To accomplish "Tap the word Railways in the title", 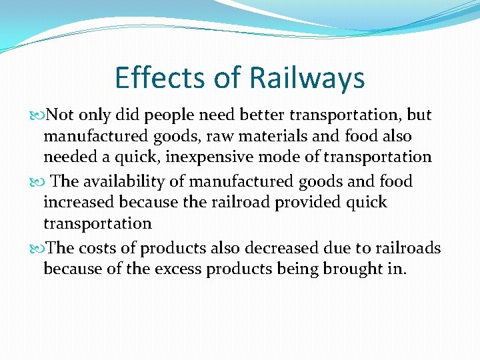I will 307,79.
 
